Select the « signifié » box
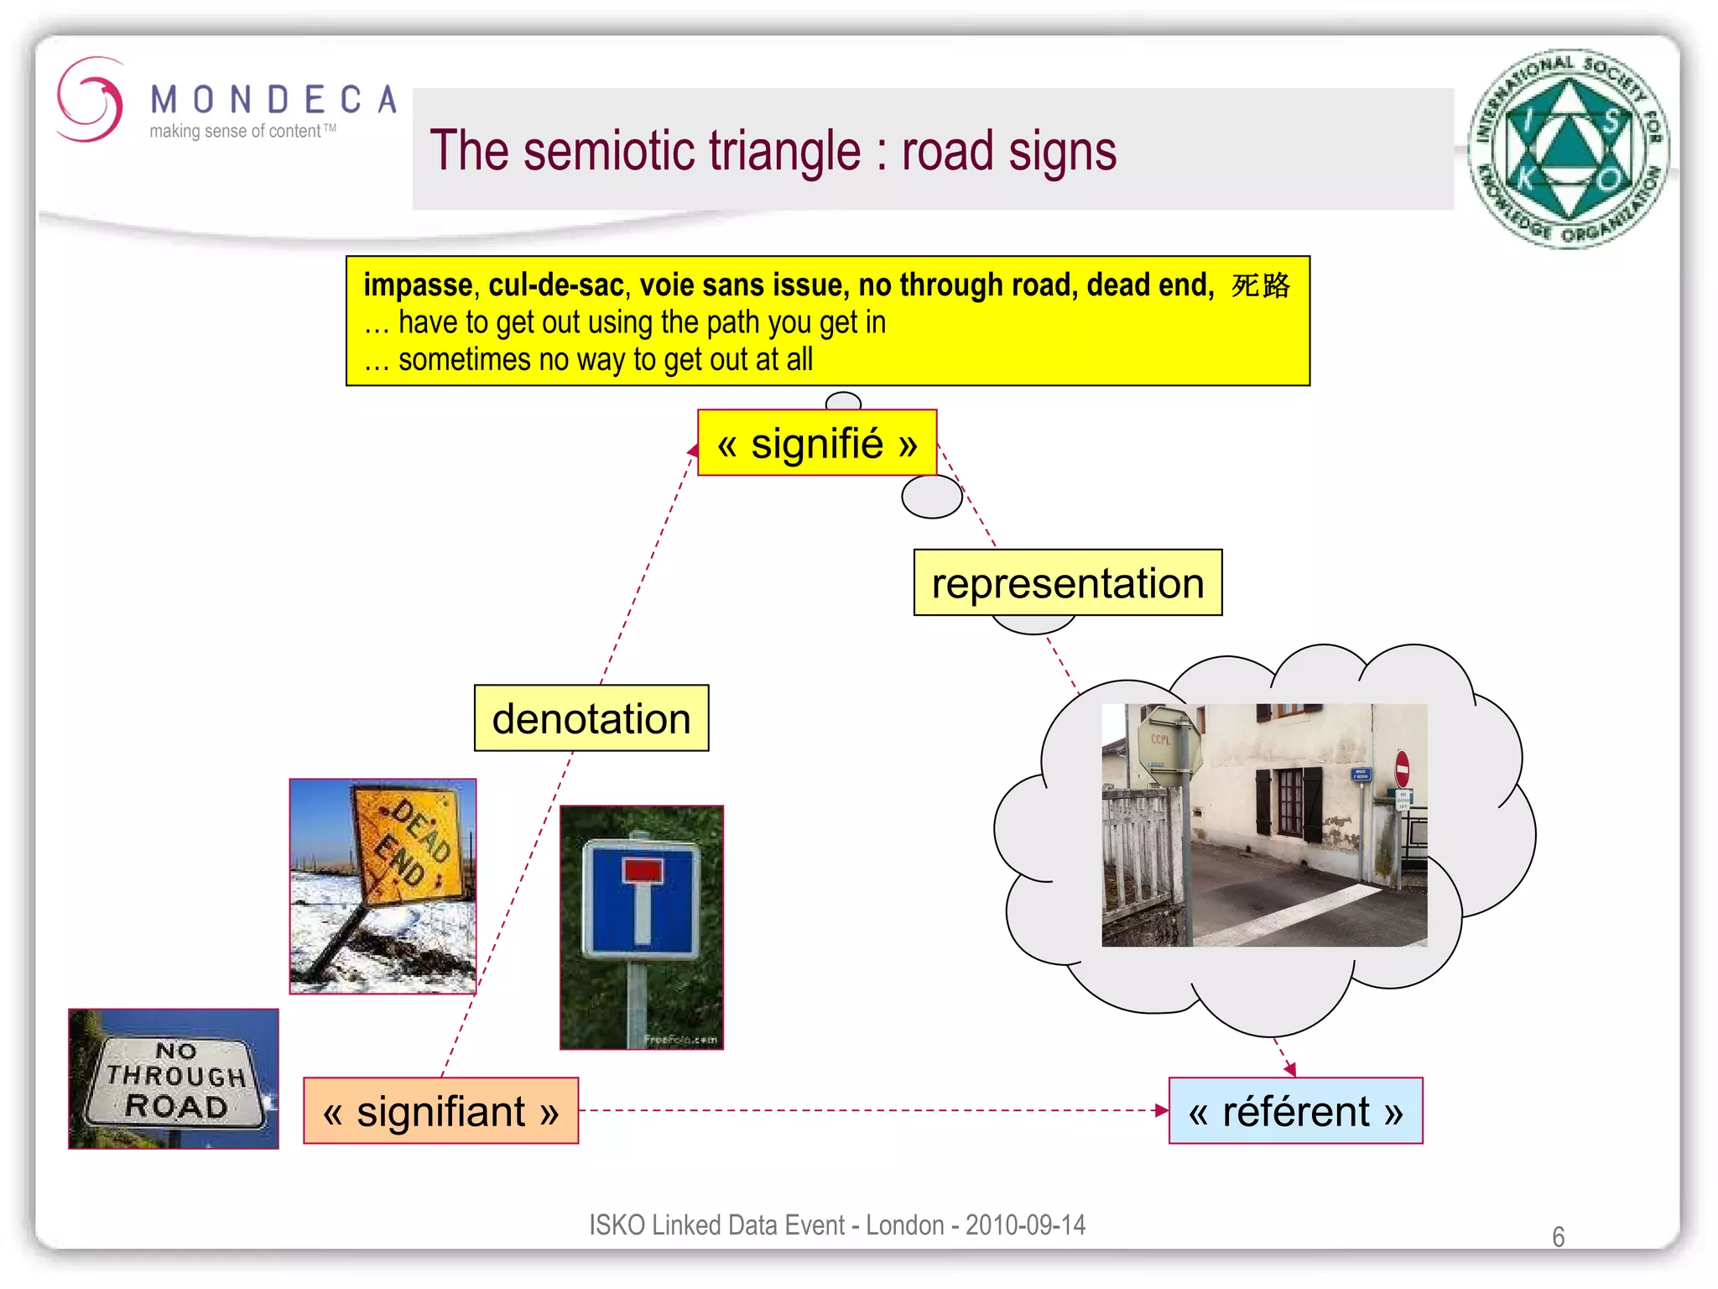[x=817, y=443]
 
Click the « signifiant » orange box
[x=440, y=1111]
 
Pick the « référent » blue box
[x=1295, y=1111]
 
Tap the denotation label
[x=591, y=718]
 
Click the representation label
[x=1067, y=583]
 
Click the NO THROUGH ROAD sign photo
[x=174, y=1079]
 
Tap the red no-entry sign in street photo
[x=1402, y=769]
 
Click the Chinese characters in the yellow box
[x=1261, y=285]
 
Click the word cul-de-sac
[x=556, y=285]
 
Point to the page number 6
[x=1558, y=1237]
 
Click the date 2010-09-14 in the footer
[x=1025, y=1225]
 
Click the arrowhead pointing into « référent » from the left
[x=1161, y=1110]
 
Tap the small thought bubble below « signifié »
[x=931, y=497]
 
